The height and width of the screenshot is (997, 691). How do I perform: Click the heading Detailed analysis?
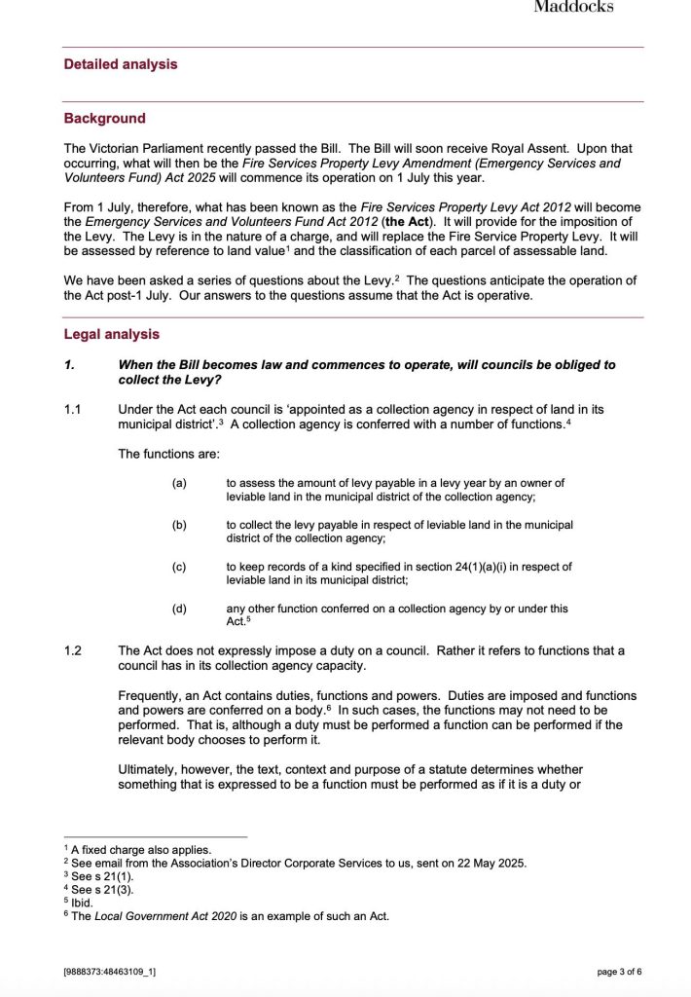(x=121, y=64)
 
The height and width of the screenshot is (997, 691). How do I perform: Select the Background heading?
(x=104, y=119)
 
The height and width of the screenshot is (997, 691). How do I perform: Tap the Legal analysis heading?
(x=111, y=334)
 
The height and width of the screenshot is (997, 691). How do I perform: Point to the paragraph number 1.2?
(x=73, y=650)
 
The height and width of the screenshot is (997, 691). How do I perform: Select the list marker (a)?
(x=179, y=483)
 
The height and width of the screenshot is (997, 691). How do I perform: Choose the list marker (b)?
(x=179, y=525)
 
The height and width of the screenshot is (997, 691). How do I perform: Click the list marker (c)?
(x=179, y=567)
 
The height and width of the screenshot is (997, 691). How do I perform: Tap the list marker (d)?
(x=179, y=609)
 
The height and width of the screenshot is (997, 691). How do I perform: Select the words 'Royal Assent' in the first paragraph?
(x=542, y=149)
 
